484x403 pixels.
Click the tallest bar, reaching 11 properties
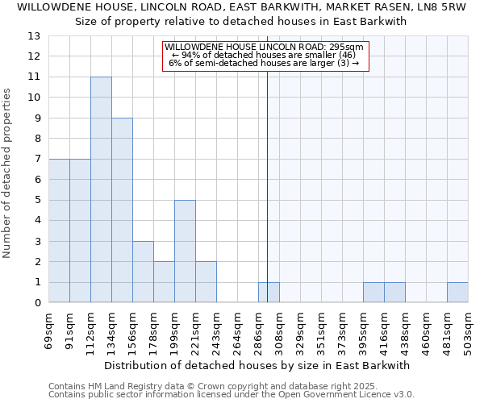[x=101, y=189]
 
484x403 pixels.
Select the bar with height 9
[x=122, y=210]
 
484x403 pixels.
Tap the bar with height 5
[x=185, y=251]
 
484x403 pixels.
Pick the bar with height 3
[x=143, y=272]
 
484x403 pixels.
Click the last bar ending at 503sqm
[x=457, y=293]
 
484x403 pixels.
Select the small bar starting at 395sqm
[x=373, y=293]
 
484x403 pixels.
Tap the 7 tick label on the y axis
[x=37, y=160]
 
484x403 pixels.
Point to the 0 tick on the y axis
[x=37, y=303]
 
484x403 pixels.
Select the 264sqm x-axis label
[x=238, y=328]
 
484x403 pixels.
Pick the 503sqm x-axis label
[x=469, y=328]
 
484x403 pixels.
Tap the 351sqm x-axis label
[x=322, y=328]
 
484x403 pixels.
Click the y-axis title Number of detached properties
[x=8, y=173]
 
